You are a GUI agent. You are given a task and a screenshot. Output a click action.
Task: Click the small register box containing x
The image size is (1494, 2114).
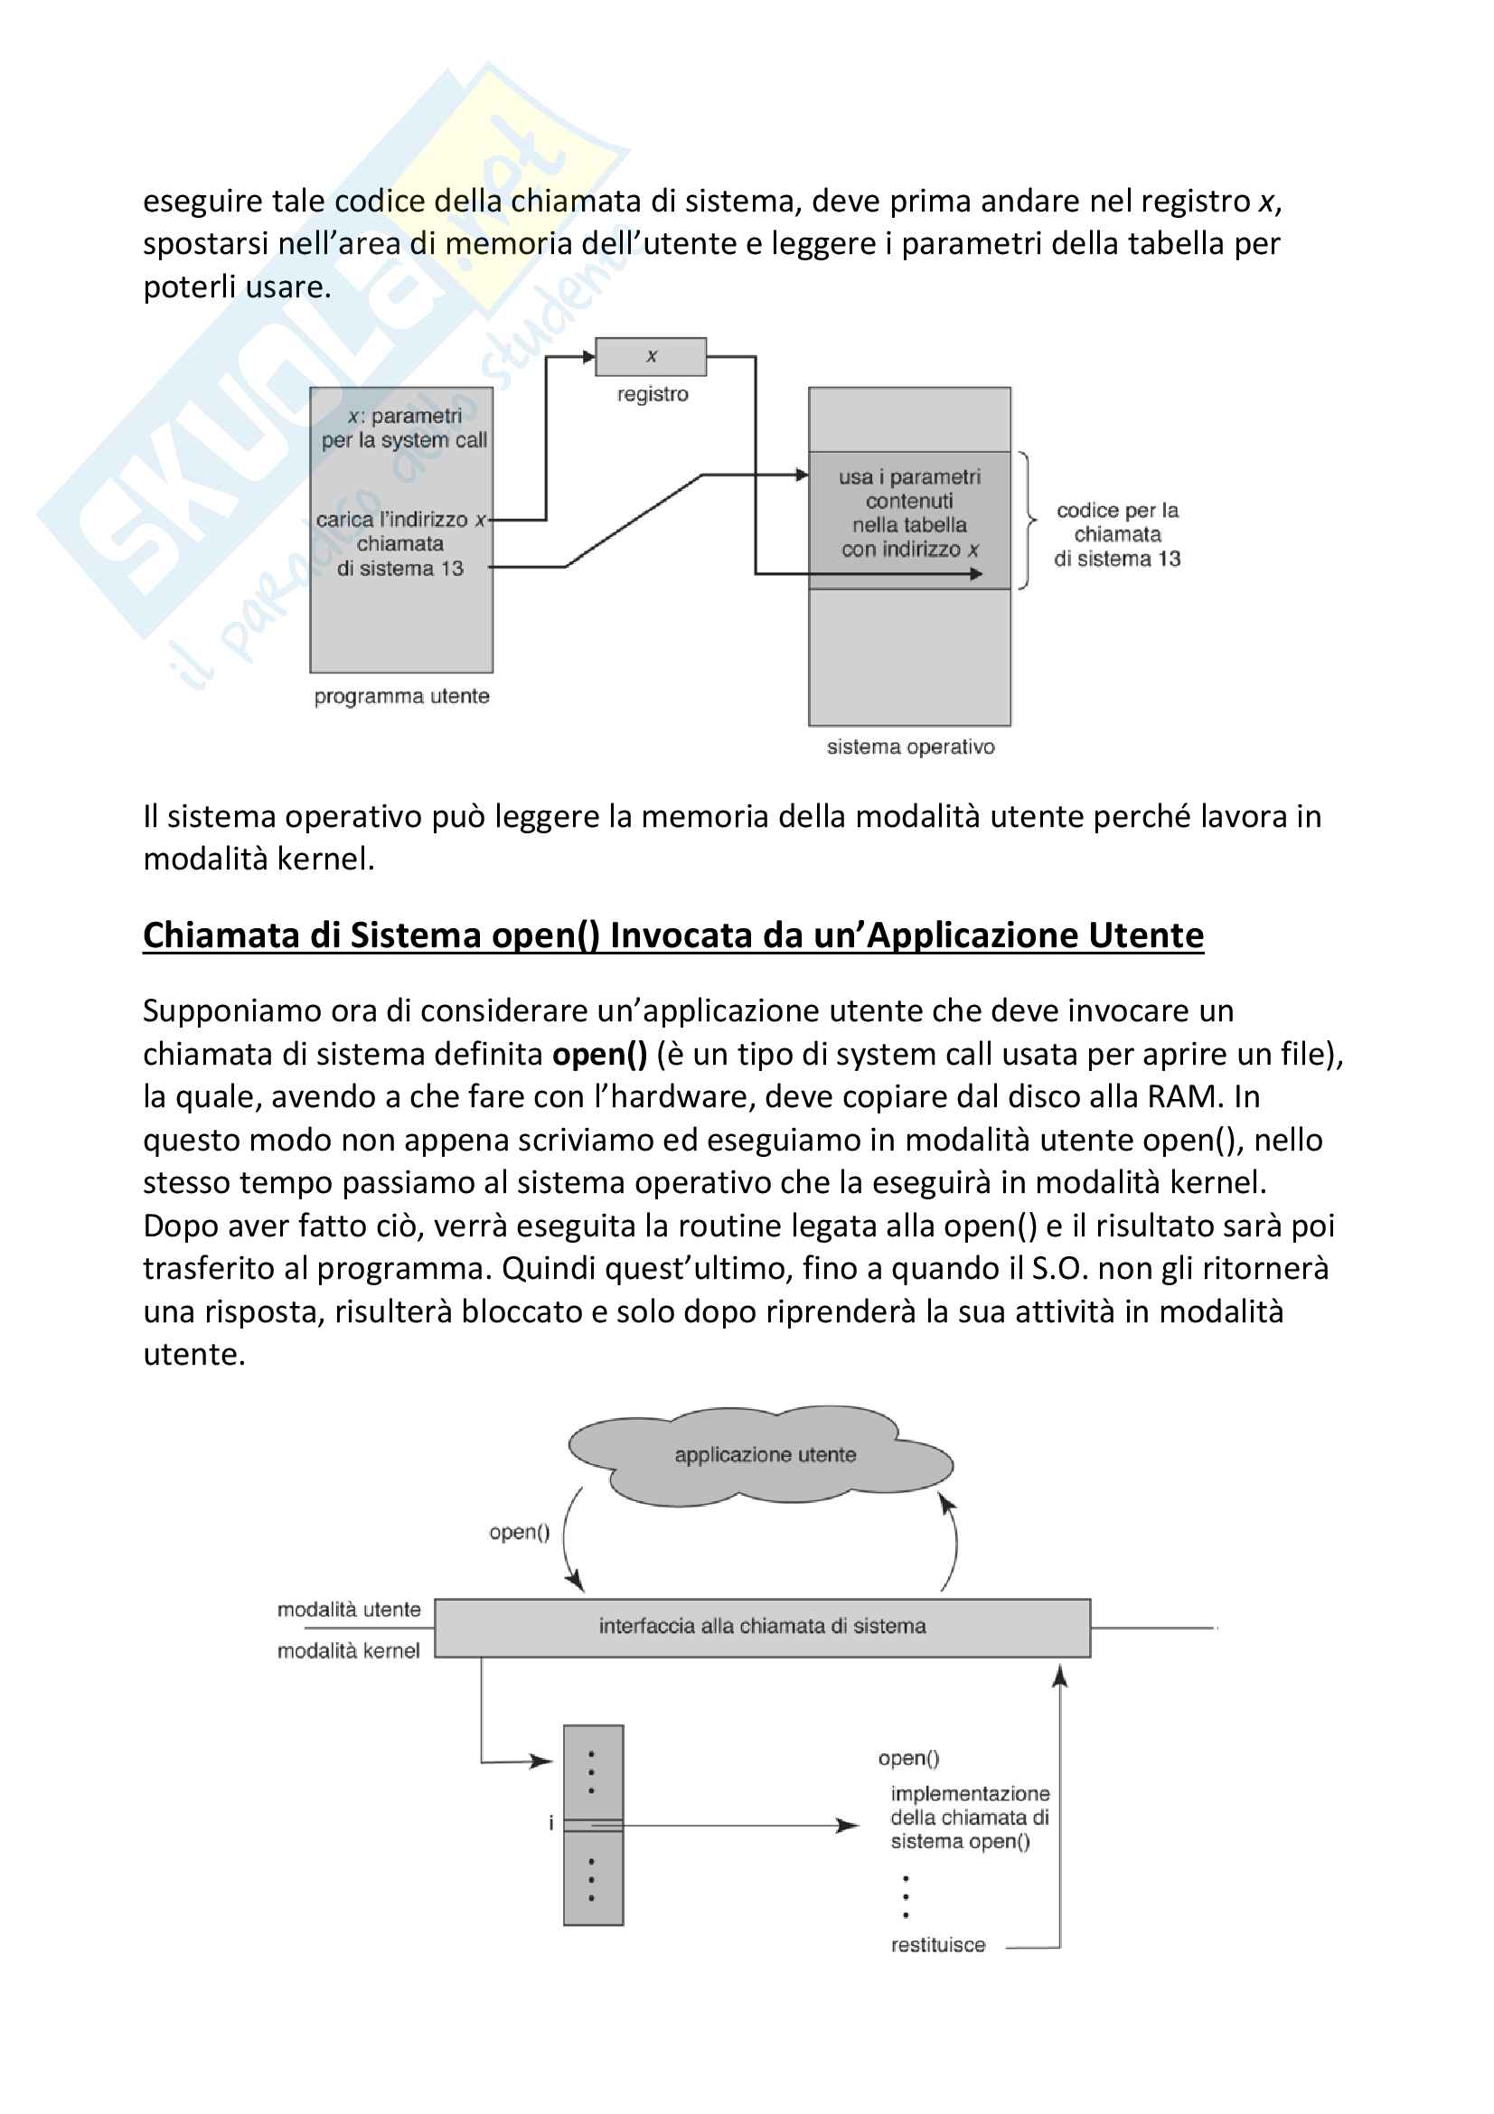tap(651, 356)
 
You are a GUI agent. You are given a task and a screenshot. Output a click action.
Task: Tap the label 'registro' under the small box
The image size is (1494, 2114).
tap(653, 394)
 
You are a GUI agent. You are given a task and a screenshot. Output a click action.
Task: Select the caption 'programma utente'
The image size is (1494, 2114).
tap(401, 696)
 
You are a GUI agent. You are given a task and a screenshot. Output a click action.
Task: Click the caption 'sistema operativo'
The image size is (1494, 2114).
tap(910, 747)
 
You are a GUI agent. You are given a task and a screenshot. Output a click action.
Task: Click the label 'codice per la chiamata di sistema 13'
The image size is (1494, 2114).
tap(1116, 534)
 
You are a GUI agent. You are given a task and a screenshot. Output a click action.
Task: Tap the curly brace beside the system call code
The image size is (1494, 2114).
tap(1027, 521)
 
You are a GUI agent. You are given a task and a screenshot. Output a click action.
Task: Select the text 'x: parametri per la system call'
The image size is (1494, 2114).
tap(404, 428)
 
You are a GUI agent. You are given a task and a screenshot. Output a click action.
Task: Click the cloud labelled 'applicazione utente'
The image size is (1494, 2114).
tap(764, 1455)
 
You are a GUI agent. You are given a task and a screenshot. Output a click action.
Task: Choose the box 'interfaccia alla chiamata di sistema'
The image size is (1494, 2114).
tap(762, 1626)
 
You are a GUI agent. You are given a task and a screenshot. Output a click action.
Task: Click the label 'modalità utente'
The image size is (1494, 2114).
tap(349, 1610)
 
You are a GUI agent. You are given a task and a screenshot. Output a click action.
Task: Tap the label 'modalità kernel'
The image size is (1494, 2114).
tap(349, 1651)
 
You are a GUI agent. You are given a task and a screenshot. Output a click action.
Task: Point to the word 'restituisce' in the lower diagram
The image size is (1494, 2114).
tap(938, 1946)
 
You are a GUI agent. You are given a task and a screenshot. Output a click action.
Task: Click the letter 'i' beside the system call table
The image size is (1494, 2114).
tap(551, 1823)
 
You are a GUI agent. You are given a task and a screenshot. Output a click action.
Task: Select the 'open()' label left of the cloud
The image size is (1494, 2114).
tap(519, 1532)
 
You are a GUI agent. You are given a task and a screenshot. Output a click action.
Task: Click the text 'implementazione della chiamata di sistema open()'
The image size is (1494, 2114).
tap(969, 1818)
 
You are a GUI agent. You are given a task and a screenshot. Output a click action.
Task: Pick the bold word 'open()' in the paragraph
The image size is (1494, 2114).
tap(599, 1054)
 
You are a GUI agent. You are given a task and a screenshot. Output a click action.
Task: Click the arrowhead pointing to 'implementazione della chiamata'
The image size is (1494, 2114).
tap(847, 1825)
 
